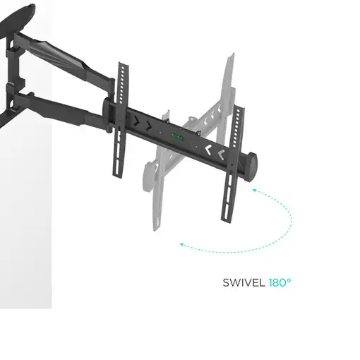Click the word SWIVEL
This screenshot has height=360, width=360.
pyautogui.click(x=244, y=282)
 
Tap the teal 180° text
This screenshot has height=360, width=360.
pyautogui.click(x=280, y=282)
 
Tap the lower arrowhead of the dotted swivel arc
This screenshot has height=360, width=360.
pyautogui.click(x=183, y=245)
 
